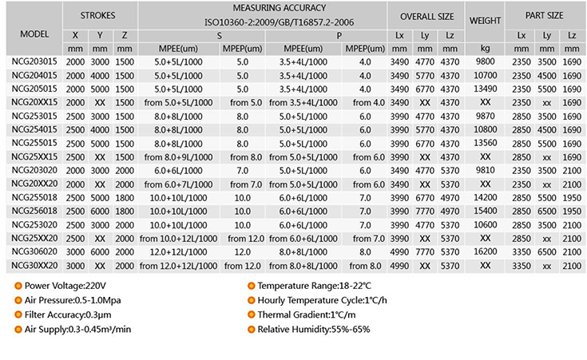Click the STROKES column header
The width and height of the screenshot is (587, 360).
point(97,15)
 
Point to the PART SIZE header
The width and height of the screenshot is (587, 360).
point(545,15)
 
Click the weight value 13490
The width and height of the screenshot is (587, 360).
point(485,89)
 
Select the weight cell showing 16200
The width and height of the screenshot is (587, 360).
point(485,251)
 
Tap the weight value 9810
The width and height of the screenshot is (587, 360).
point(485,170)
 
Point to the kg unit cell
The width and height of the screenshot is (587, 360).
point(485,49)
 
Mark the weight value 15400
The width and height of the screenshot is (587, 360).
point(485,211)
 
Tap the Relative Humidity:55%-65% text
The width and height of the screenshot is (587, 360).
point(313,329)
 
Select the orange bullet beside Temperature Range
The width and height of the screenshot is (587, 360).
point(250,286)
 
